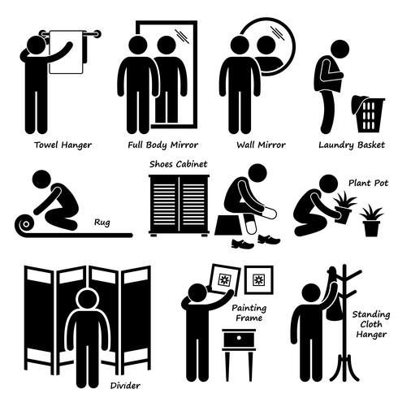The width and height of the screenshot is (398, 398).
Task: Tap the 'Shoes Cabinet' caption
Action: [178, 163]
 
